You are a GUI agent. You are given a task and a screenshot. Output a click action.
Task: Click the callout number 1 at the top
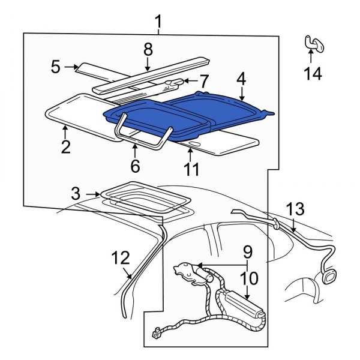pyautogui.click(x=158, y=23)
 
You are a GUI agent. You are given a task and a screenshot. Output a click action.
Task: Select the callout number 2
pyautogui.click(x=66, y=146)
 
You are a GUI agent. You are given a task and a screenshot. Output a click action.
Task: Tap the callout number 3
pyautogui.click(x=75, y=194)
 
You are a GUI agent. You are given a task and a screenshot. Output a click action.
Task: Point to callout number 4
pyautogui.click(x=241, y=78)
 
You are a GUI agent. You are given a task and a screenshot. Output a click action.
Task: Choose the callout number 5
pyautogui.click(x=55, y=67)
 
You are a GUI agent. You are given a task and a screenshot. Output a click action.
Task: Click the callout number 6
pyautogui.click(x=135, y=166)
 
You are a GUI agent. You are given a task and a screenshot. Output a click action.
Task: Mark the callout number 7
pyautogui.click(x=204, y=80)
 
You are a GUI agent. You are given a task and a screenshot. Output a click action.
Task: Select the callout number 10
pyautogui.click(x=249, y=278)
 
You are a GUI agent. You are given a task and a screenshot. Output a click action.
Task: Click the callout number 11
pyautogui.click(x=191, y=170)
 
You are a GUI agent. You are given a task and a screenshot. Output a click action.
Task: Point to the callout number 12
pyautogui.click(x=120, y=258)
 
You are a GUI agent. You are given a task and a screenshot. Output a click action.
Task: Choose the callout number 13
pyautogui.click(x=295, y=209)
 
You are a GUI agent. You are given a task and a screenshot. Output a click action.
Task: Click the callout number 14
pyautogui.click(x=313, y=74)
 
